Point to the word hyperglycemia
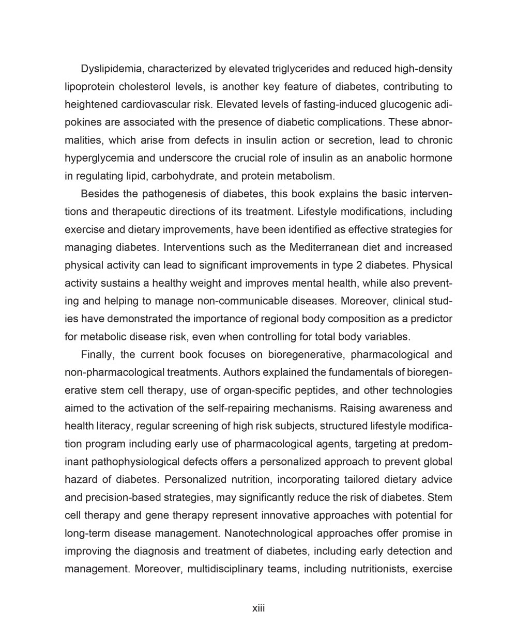click(x=96, y=158)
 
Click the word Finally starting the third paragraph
click(x=98, y=355)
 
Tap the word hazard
click(x=81, y=480)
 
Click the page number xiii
click(x=258, y=608)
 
